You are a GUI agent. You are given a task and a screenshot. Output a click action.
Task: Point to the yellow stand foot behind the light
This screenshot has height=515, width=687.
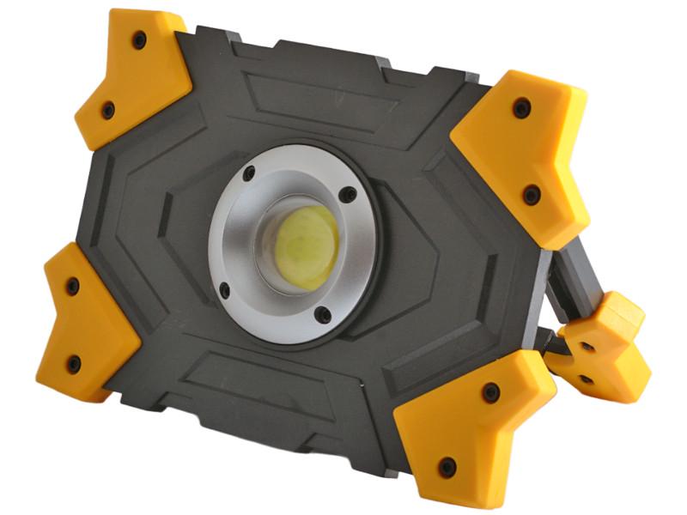click(x=605, y=343)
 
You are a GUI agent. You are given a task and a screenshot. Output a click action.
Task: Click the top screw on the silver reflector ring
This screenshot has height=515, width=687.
click(x=249, y=174)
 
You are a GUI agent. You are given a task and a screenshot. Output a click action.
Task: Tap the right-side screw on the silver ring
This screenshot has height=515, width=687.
click(x=347, y=196)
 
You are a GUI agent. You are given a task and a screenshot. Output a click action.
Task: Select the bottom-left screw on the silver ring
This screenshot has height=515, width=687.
click(x=225, y=290)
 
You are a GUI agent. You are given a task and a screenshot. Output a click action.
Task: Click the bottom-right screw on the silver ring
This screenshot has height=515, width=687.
click(x=323, y=316)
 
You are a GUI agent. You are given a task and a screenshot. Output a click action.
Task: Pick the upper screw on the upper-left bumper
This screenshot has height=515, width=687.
click(x=139, y=39)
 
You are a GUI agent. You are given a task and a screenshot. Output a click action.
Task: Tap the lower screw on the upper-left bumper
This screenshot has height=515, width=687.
click(x=108, y=109)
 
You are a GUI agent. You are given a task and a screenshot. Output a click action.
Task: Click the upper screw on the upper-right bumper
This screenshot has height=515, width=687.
click(x=520, y=107)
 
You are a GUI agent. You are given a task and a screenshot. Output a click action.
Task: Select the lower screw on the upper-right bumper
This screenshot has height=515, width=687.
click(x=532, y=194)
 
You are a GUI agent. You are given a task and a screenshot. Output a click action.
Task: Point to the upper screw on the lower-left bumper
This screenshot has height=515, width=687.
click(x=72, y=286)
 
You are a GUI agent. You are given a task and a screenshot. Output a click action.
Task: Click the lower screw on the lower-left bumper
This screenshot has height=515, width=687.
click(x=74, y=363)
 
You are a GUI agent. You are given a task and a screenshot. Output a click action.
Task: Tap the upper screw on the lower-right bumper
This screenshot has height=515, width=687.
click(x=491, y=392)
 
